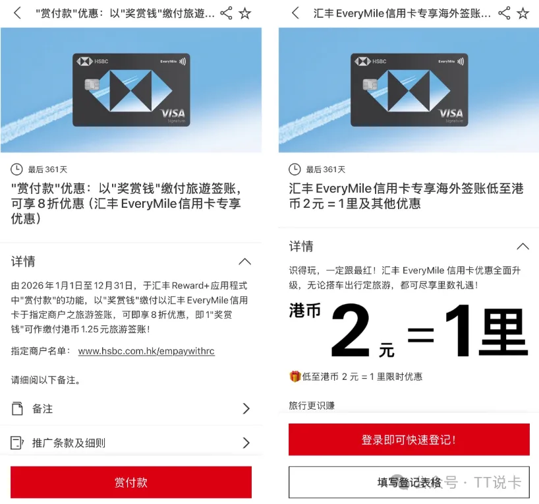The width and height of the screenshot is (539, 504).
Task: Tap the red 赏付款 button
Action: (x=131, y=482)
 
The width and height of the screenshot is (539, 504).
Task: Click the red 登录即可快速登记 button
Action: (x=409, y=439)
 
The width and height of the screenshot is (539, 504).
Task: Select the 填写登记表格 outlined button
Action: (x=409, y=482)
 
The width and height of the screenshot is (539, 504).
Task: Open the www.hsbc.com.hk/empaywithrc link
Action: (x=146, y=351)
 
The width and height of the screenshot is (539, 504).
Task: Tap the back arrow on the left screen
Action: (x=17, y=13)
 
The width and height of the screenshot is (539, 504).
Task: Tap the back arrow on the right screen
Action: (x=295, y=13)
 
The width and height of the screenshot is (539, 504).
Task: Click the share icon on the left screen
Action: (x=226, y=13)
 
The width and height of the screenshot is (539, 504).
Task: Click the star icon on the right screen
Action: (x=523, y=13)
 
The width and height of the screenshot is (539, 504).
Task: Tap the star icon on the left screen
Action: (x=244, y=13)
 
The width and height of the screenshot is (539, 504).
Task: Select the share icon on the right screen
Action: (x=504, y=13)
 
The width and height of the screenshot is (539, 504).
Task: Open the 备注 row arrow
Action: (x=246, y=408)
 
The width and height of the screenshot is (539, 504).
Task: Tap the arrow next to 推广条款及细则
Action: (x=246, y=443)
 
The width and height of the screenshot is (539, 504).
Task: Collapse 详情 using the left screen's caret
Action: (x=244, y=262)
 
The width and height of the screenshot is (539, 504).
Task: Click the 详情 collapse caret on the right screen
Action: (x=523, y=247)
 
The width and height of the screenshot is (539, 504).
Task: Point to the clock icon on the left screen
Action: (x=16, y=170)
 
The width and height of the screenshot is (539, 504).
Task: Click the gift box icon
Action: (x=295, y=376)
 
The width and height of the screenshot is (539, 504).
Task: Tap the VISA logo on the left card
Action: (x=173, y=113)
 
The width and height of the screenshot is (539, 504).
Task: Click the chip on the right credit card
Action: (x=370, y=84)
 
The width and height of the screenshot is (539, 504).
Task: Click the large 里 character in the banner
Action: (x=503, y=332)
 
